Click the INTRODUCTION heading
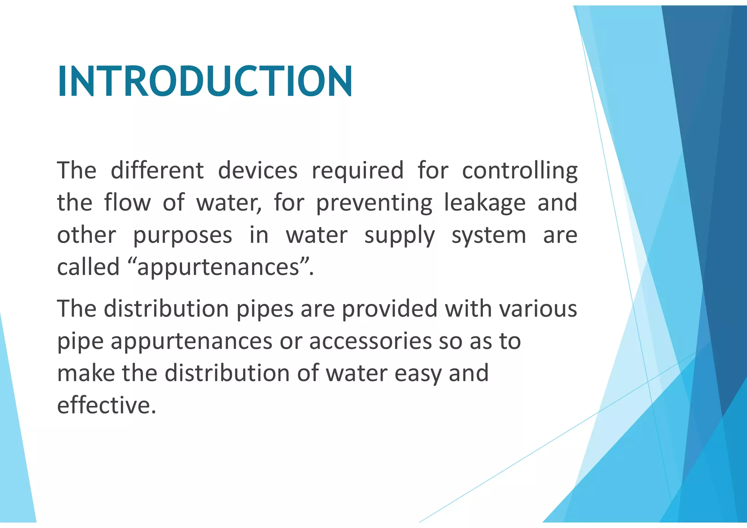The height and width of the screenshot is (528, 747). [205, 81]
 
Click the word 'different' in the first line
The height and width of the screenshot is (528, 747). [157, 170]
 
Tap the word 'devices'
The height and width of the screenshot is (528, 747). [258, 170]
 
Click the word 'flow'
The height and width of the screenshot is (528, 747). [127, 202]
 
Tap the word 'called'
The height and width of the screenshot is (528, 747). [88, 267]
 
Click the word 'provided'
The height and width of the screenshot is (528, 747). [390, 309]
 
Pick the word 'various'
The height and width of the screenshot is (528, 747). [538, 309]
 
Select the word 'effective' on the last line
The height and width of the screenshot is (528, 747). [104, 405]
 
